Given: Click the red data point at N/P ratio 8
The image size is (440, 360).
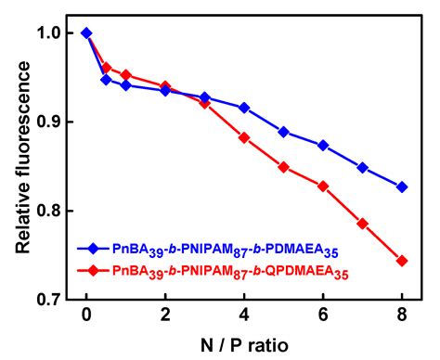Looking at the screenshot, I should pos(402,261).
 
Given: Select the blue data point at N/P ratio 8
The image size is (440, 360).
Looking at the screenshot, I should pos(402,186).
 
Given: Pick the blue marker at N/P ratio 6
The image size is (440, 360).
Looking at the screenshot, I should pos(323,145).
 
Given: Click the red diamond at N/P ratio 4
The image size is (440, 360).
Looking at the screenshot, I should pos(244,137).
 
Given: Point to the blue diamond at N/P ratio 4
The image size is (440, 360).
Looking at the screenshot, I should pos(244,108).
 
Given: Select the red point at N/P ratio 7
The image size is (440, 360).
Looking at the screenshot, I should pos(363,224).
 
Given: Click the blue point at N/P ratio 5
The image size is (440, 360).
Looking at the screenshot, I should pos(284,132).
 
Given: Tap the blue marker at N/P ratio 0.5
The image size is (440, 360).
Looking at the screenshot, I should pos(106,80).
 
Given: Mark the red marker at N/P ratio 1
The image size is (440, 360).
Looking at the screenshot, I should pos(125,75).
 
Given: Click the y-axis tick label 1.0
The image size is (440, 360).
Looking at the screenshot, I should pos(55,32).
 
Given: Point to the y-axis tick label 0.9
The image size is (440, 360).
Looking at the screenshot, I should pos(55,122).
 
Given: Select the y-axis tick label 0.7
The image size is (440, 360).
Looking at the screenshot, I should pos(55,300).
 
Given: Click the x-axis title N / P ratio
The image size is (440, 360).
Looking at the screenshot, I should pos(243,344).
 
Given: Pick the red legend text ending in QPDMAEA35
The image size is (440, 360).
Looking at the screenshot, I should pos(231,272).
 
